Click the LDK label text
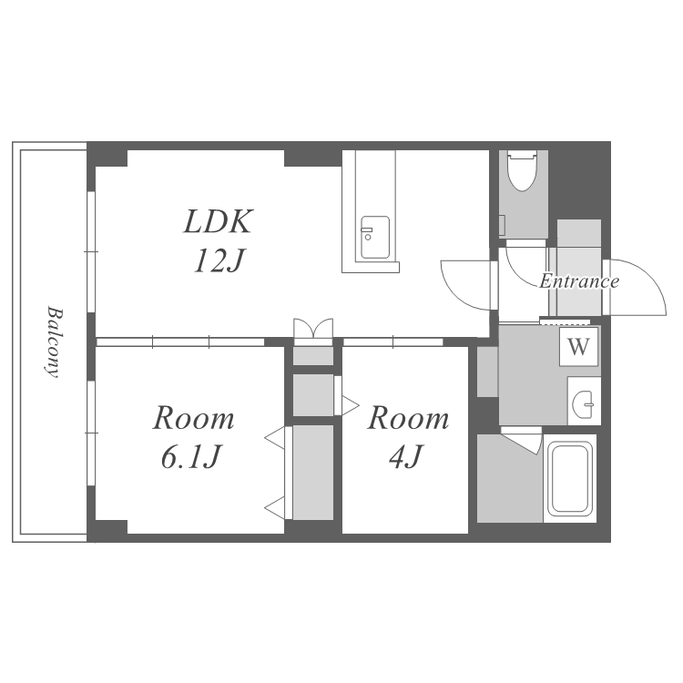tap(219, 221)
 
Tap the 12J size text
tap(219, 261)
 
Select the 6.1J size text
tap(190, 457)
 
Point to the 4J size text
tap(406, 457)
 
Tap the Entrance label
tap(579, 281)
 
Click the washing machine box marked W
tap(578, 347)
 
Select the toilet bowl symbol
tap(523, 171)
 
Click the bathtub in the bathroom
tap(570, 478)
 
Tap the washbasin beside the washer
tap(584, 401)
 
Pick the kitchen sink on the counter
tap(375, 238)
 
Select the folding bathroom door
tap(523, 440)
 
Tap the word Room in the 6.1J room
tap(193, 418)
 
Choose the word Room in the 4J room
tap(408, 418)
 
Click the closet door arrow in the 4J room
tap(351, 405)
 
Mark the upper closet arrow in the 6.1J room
tap(275, 438)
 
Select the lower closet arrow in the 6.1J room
tap(275, 507)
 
